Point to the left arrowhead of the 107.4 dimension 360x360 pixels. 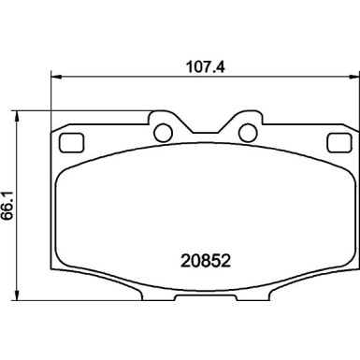coord(52,79)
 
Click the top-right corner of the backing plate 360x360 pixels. coord(349,124)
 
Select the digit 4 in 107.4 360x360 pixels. coord(214,67)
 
